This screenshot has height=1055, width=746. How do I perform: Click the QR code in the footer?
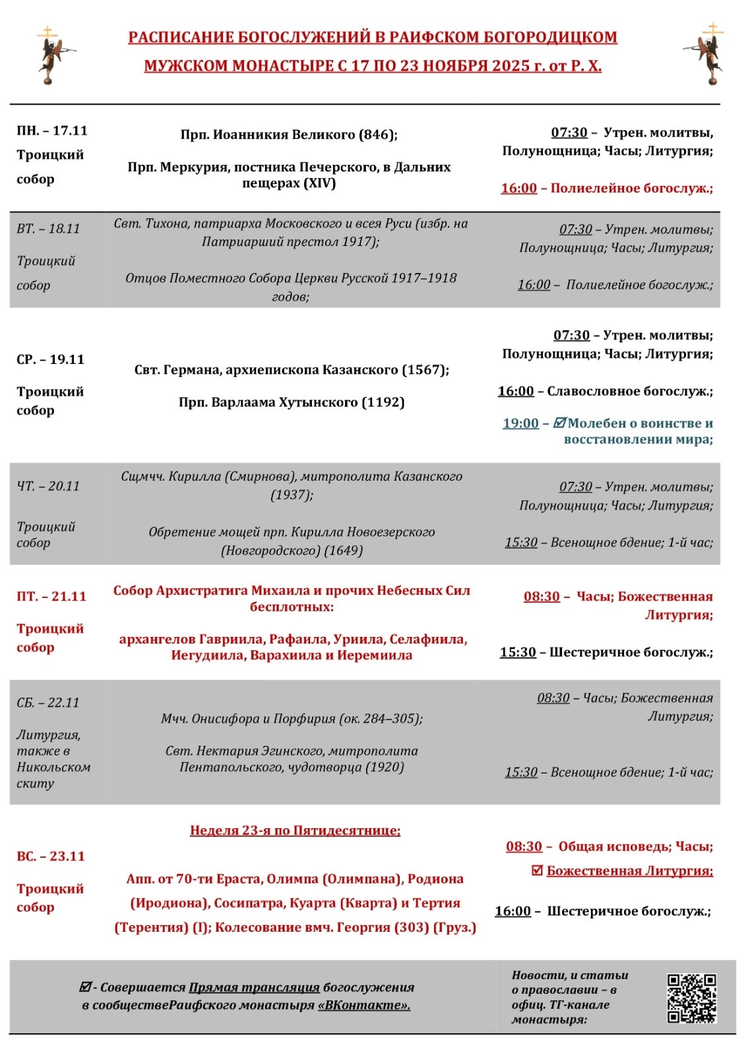coord(691,998)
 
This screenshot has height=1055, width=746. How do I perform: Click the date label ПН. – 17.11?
coord(52,131)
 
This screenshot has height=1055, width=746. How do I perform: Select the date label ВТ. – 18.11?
coord(48,229)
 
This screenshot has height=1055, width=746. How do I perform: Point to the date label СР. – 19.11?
coord(50,359)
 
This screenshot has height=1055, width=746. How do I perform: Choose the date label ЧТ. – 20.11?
coord(48,486)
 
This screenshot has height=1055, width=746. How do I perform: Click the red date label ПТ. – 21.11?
coord(51,596)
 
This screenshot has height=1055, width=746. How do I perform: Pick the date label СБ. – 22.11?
coord(48,703)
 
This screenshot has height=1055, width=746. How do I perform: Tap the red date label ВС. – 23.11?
coord(51,856)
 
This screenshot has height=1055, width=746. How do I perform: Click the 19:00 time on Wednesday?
coord(520,423)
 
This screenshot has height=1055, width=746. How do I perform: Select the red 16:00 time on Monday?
coord(519,188)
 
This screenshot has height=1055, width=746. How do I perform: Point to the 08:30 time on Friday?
coord(542,597)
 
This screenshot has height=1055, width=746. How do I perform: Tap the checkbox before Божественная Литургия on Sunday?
coord(538,870)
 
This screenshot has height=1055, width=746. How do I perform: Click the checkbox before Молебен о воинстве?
coord(559,423)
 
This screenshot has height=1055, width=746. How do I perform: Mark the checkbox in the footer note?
coord(85,987)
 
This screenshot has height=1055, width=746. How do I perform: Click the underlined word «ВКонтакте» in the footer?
coord(364,1006)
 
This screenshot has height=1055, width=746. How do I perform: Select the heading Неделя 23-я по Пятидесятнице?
coord(295,830)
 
